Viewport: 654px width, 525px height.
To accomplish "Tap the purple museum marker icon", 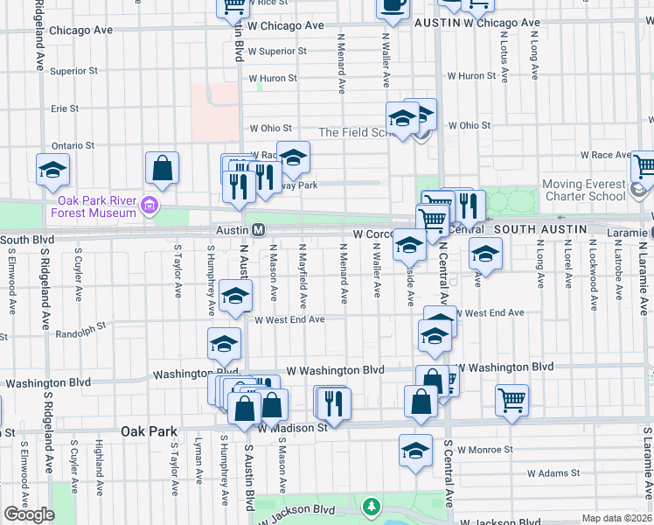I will pos(149,206).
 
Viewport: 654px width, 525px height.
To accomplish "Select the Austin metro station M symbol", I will pos(259,230).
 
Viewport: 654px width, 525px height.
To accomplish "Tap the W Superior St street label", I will pos(277,52).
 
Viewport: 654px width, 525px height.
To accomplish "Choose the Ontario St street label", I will pos(73,145).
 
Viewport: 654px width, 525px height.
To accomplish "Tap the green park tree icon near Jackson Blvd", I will pos(372,507).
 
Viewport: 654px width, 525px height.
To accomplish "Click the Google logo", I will pos(28,514).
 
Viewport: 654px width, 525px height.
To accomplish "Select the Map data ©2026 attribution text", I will pos(616,518).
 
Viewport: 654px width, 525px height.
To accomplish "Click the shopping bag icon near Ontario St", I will pos(163,168).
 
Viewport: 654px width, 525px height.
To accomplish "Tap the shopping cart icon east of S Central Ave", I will pos(511,399).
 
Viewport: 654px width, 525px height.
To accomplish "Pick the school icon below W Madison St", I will pos(416,450).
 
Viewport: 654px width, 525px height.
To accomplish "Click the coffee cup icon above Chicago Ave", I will pos(393,5).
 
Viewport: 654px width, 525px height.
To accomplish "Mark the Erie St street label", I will pos(65,108).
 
